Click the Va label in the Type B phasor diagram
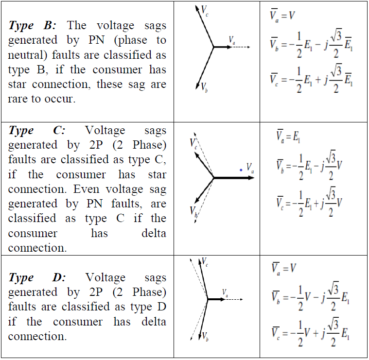pyautogui.click(x=232, y=39)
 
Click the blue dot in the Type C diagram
pyautogui.click(x=240, y=170)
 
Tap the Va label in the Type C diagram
pyautogui.click(x=250, y=167)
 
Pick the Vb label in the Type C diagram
pyautogui.click(x=193, y=210)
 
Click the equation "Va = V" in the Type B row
pyautogui.click(x=283, y=15)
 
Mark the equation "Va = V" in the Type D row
pyautogui.click(x=283, y=268)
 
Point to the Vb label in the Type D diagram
pyautogui.click(x=205, y=336)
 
